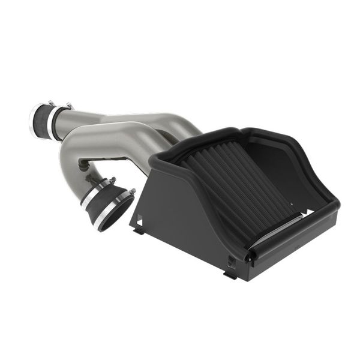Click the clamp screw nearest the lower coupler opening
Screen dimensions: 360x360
(131, 192)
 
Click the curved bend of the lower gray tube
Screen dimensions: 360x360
(75, 150)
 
